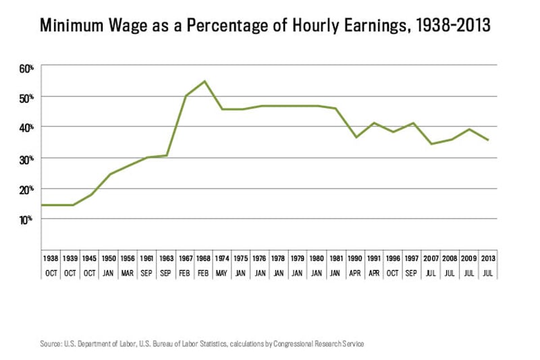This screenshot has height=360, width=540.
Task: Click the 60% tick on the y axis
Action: pos(26,68)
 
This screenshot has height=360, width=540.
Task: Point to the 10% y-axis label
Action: pos(26,220)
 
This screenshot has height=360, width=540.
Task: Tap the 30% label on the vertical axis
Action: pos(26,159)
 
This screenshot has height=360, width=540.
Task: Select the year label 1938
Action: pos(51,258)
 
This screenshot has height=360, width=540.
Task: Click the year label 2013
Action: pos(488,258)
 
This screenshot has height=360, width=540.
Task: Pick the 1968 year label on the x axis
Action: pos(204,258)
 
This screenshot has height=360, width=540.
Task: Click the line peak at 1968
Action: pos(204,81)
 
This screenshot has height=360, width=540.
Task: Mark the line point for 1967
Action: pos(185,96)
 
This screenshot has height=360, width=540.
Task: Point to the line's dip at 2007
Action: pos(431,144)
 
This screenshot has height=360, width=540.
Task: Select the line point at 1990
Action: pos(355,137)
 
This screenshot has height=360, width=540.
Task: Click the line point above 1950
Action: pos(109,174)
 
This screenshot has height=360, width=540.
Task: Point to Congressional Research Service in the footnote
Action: pos(318,344)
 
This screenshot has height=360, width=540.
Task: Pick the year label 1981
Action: pos(336,258)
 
